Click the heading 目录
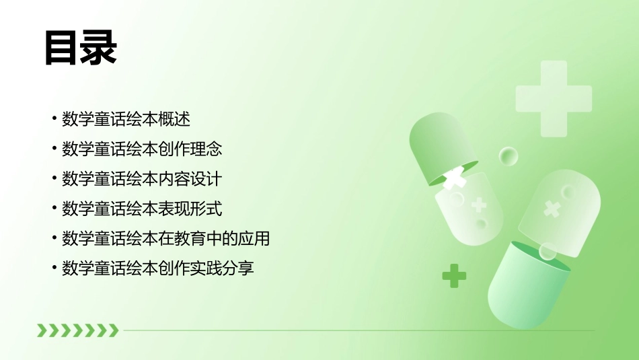[81, 47]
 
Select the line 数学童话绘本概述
[126, 119]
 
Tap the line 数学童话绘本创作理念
[142, 149]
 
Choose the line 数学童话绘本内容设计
[142, 179]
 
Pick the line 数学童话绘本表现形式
[142, 209]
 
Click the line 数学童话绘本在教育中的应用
[165, 238]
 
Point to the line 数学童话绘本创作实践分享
[158, 268]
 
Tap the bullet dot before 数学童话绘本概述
[54, 119]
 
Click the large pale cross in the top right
[554, 98]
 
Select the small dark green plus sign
[454, 275]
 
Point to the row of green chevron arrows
[77, 330]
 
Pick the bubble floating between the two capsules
[509, 157]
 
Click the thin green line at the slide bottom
[356, 330]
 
